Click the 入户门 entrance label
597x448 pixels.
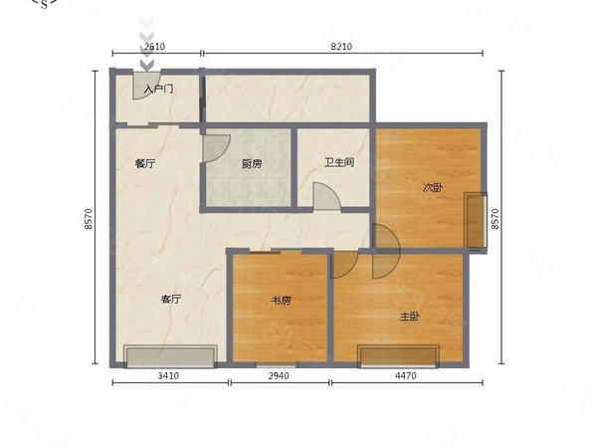[x=159, y=90]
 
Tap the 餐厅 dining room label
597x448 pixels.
[x=145, y=164]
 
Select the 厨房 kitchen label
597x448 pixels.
[x=252, y=164]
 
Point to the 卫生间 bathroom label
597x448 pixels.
[x=339, y=162]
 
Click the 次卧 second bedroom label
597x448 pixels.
[x=433, y=187]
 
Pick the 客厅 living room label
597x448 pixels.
[x=171, y=299]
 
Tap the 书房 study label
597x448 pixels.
[x=281, y=301]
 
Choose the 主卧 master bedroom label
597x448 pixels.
[x=410, y=317]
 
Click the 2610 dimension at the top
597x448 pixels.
[x=155, y=47]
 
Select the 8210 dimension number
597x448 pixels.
[x=341, y=47]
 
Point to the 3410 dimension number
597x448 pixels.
[x=168, y=376]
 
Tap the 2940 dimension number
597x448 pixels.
[x=279, y=376]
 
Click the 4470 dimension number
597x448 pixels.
[x=406, y=376]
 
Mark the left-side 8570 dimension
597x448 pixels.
[x=89, y=219]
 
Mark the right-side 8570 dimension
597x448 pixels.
[x=495, y=219]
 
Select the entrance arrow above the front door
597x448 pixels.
[x=146, y=46]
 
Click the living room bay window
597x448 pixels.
[x=170, y=356]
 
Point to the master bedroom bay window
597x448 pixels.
[x=398, y=356]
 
